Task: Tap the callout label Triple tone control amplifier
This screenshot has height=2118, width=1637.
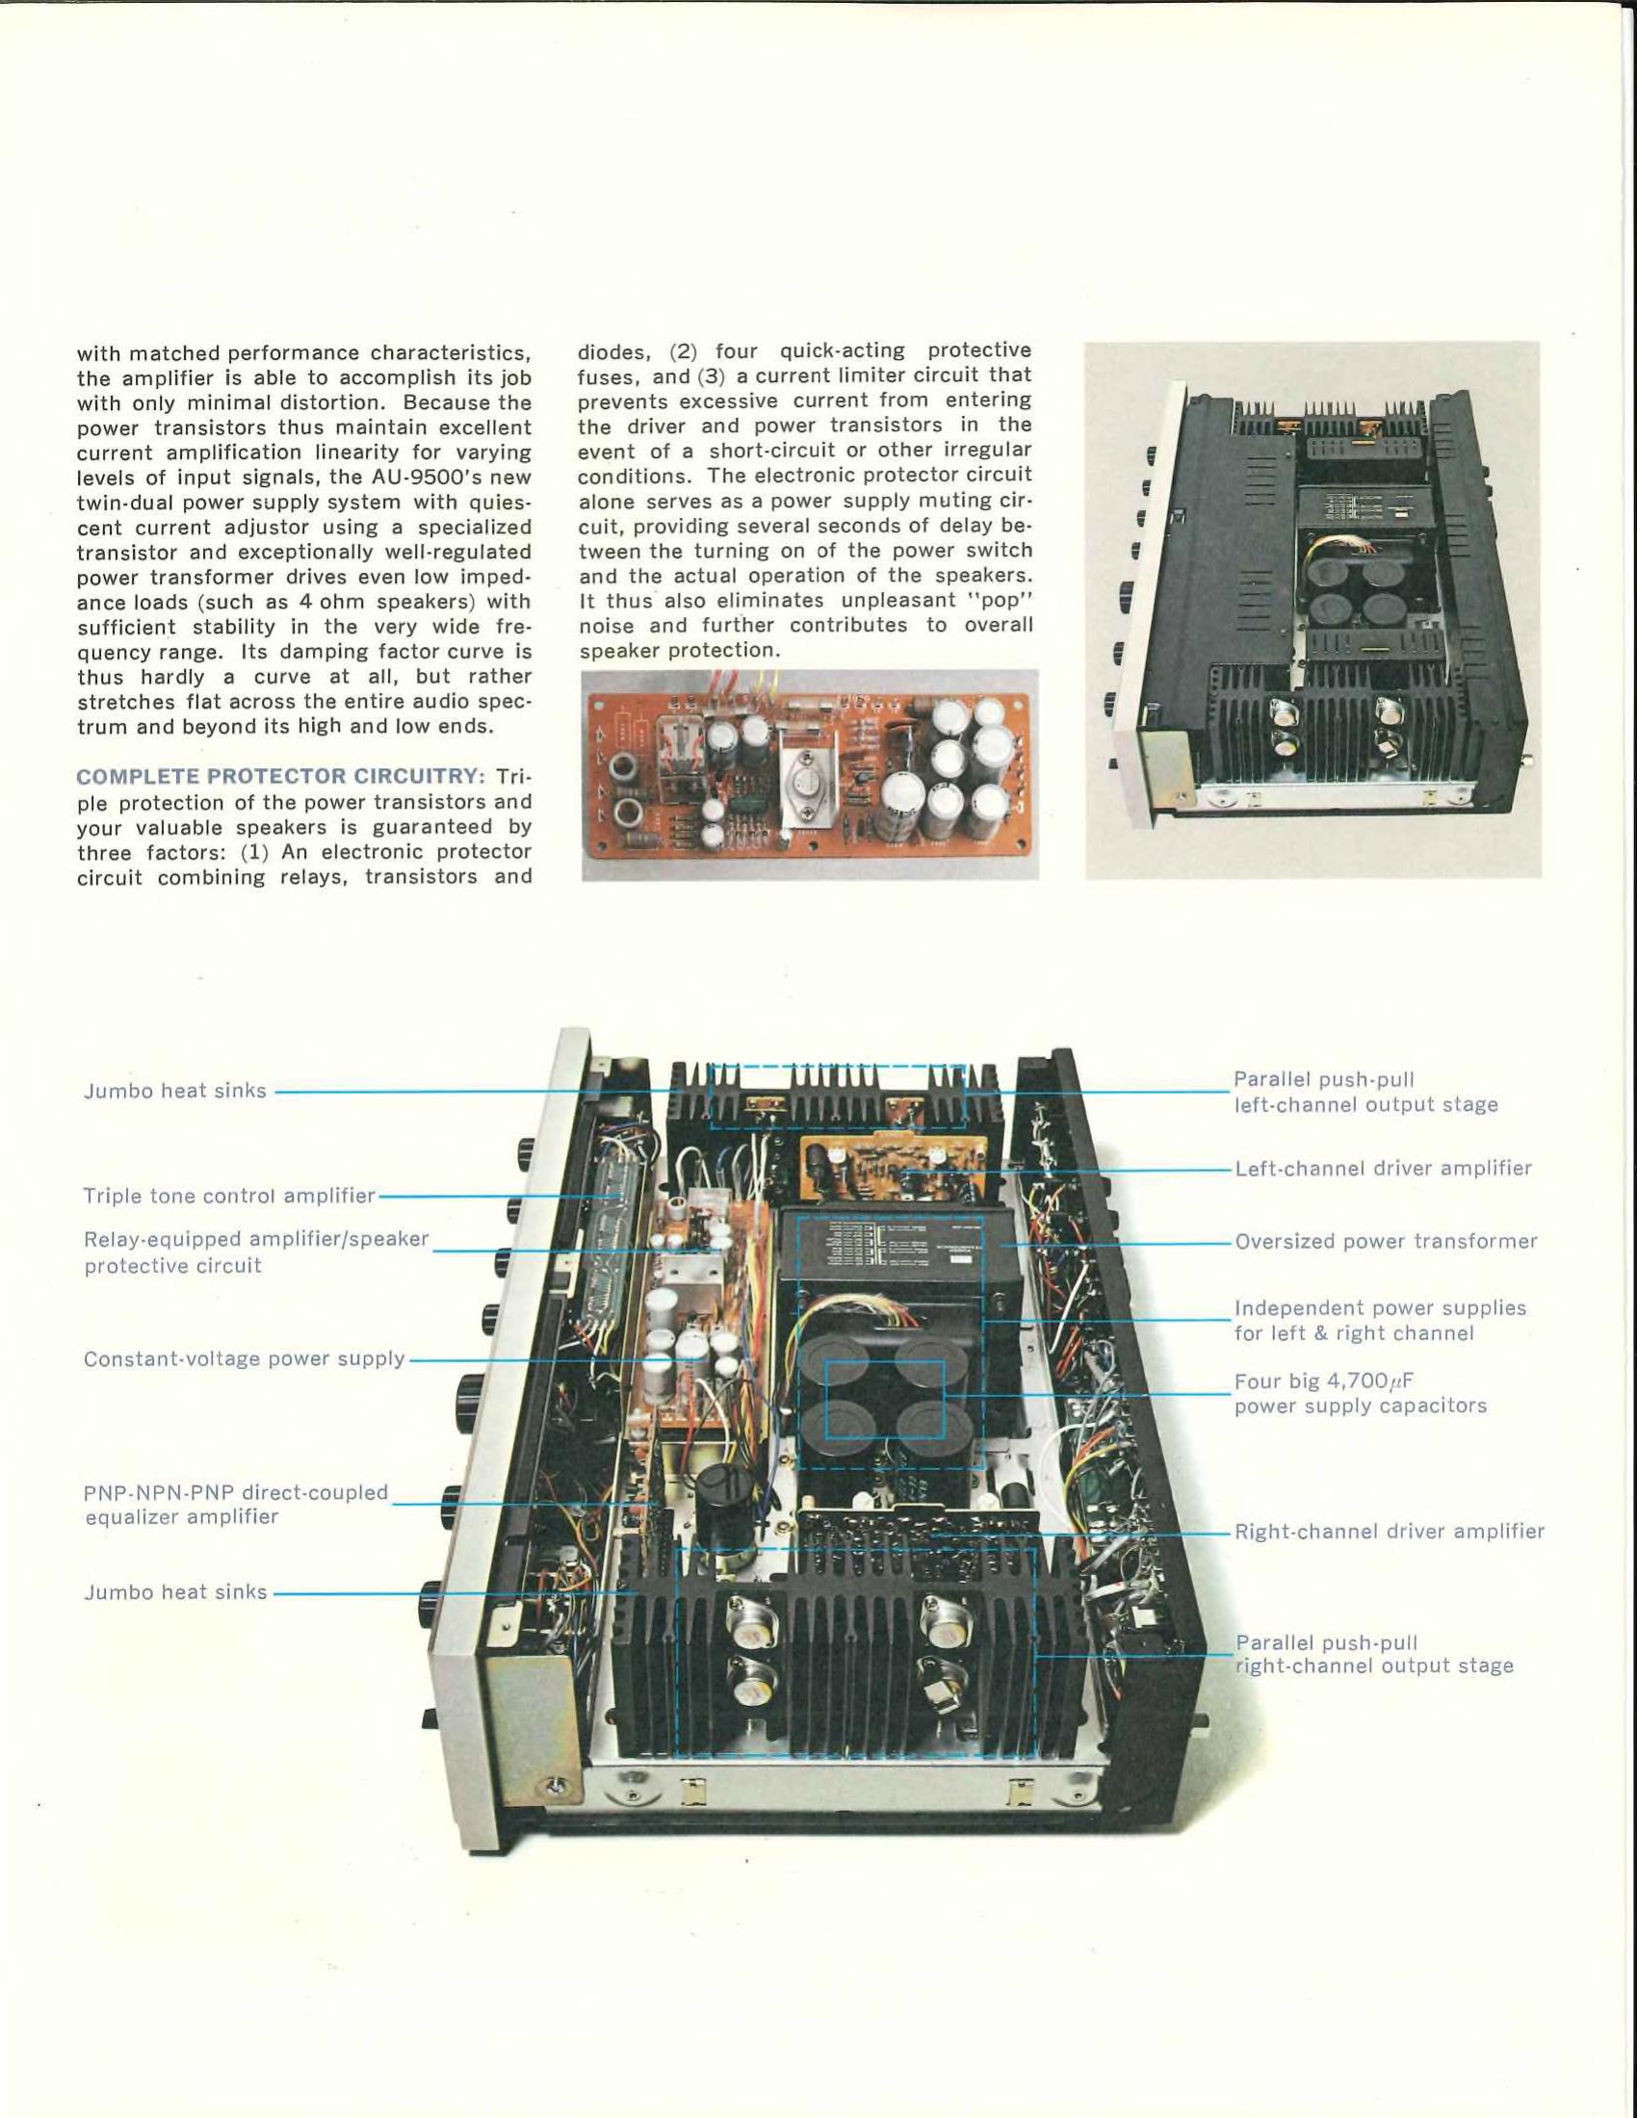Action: coord(229,1196)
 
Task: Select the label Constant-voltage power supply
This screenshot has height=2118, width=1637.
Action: coord(245,1358)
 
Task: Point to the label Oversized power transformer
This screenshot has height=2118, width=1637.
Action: coord(1386,1241)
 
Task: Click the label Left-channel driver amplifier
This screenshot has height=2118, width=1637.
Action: coord(1383,1169)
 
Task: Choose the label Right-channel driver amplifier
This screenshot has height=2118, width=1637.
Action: coord(1389,1532)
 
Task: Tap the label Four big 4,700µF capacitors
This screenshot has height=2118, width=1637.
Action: coord(1360,1394)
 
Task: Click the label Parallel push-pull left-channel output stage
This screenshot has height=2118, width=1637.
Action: coord(1365,1092)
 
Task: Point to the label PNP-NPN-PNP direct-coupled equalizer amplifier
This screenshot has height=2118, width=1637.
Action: coord(236,1504)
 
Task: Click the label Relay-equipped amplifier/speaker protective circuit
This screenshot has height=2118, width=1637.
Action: coord(256,1252)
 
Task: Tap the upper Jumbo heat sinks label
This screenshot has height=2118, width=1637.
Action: coord(174,1091)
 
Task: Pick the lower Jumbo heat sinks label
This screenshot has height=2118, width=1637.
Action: coord(174,1592)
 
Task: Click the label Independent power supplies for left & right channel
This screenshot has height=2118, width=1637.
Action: coord(1380,1321)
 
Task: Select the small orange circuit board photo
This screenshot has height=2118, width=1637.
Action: coord(810,774)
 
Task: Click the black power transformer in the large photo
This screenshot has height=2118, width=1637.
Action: coord(902,1260)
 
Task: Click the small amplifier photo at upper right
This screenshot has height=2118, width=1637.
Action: coord(1313,609)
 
